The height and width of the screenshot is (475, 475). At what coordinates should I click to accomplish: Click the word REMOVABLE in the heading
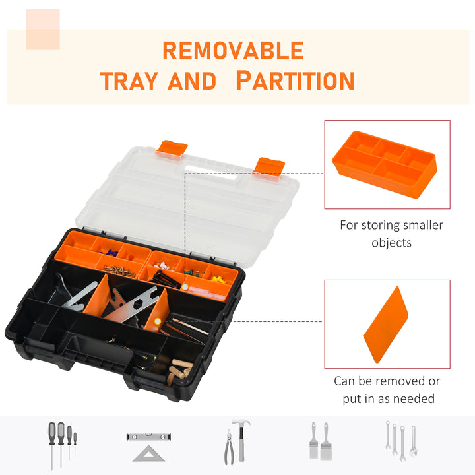[233, 51]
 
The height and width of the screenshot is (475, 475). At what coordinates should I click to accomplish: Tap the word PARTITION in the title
[295, 81]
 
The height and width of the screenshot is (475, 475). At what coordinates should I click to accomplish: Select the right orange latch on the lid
[270, 166]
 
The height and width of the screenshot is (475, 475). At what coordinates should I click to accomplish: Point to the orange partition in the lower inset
[390, 324]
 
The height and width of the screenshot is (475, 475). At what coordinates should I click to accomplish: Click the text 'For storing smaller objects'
[391, 234]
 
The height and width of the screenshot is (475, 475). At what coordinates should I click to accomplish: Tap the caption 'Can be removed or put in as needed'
[387, 389]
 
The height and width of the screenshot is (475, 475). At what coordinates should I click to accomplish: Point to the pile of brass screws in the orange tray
[121, 270]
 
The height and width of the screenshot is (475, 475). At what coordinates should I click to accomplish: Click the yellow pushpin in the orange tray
[217, 280]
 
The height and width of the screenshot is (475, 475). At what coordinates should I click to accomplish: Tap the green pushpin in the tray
[189, 270]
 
